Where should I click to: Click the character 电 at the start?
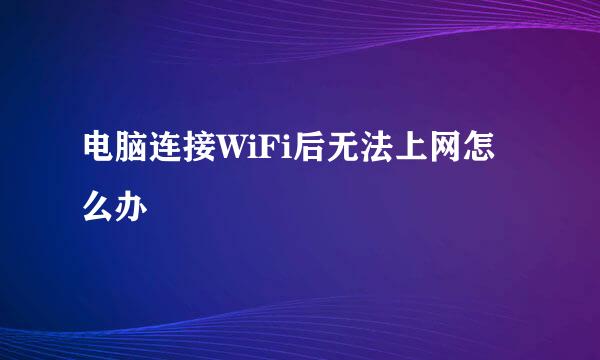point(99,147)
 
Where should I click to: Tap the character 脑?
point(132,147)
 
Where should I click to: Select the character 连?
point(165,147)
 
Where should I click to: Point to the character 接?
point(198,147)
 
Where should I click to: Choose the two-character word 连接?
point(181,147)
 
